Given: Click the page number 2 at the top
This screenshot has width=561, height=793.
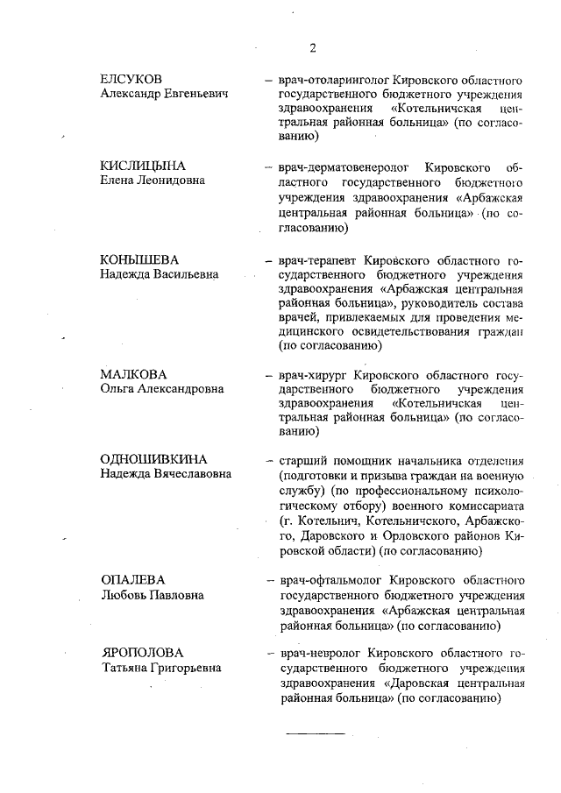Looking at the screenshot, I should [312, 47].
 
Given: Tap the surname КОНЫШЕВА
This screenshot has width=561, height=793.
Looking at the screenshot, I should [139, 261].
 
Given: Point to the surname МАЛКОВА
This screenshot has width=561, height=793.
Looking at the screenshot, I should [133, 374].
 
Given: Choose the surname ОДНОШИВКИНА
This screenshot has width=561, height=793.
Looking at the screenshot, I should [153, 460].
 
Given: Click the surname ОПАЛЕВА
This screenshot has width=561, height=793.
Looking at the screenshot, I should [133, 581].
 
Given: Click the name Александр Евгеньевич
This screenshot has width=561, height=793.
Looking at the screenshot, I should [165, 94].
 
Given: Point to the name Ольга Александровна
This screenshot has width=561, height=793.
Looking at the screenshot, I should [162, 388].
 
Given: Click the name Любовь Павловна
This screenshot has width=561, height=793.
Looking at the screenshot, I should [153, 595].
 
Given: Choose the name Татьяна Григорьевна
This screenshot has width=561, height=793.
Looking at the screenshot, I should [160, 668].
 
